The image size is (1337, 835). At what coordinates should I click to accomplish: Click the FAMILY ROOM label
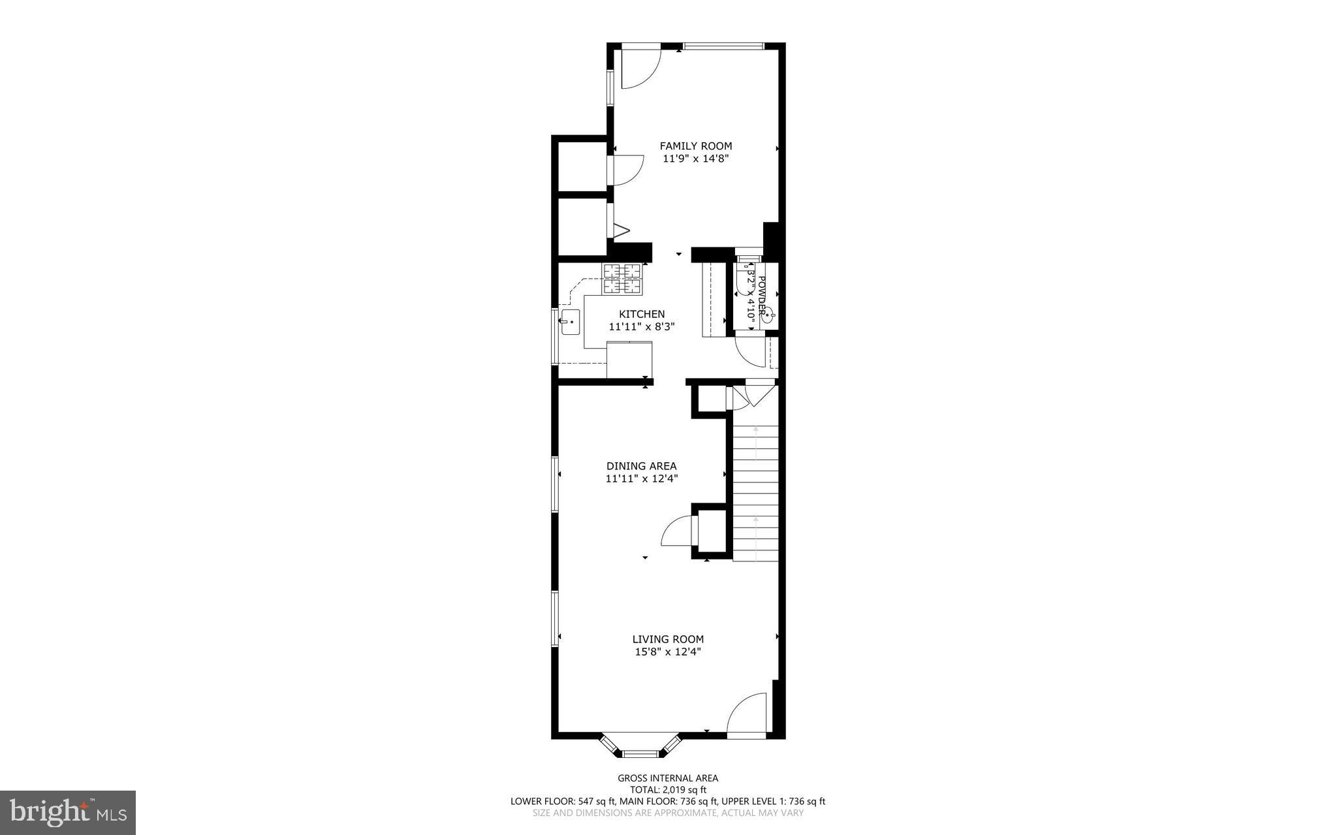click(695, 146)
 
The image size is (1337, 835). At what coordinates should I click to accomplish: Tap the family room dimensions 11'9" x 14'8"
click(695, 159)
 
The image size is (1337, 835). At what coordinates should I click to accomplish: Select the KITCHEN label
click(642, 314)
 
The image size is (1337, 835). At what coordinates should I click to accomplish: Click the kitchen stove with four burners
click(622, 279)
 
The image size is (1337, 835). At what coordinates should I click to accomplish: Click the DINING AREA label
click(641, 466)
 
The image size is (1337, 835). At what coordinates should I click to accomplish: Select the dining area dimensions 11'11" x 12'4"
click(641, 479)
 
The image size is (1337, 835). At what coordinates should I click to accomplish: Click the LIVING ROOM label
click(668, 639)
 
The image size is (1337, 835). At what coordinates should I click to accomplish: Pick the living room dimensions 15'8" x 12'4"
click(668, 652)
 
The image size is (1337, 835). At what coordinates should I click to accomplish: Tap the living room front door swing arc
click(746, 714)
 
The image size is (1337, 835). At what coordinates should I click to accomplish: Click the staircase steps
click(755, 493)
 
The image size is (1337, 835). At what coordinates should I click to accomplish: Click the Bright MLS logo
click(68, 812)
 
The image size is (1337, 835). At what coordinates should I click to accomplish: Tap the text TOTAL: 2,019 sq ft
click(668, 789)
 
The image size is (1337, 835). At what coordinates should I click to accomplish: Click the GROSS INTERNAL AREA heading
click(668, 778)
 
